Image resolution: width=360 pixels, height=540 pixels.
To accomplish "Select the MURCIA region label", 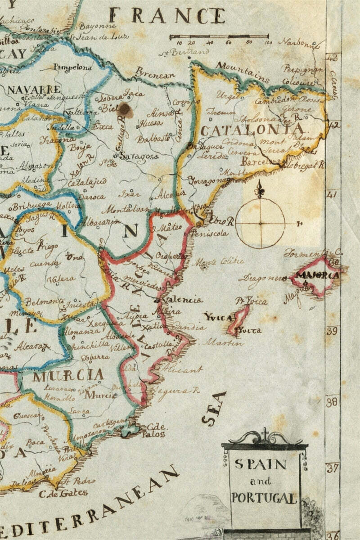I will (68, 375).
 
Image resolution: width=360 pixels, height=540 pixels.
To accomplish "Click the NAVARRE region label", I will (34, 89).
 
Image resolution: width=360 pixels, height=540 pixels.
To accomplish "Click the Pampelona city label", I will (72, 67).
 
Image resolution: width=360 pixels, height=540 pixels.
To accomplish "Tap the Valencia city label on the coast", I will (182, 300).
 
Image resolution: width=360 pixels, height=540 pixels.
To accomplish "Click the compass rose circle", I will (260, 223).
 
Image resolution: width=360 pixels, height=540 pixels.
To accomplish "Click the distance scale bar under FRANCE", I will (219, 36).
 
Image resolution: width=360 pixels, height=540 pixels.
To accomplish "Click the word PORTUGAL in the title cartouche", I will (264, 498).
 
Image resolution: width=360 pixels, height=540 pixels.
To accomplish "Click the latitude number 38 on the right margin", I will (332, 401).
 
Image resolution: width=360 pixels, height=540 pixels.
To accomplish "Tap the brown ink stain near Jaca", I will (125, 110).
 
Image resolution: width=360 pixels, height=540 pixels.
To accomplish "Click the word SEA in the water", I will (213, 409).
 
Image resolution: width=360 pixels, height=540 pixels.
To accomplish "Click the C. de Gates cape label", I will (63, 492).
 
